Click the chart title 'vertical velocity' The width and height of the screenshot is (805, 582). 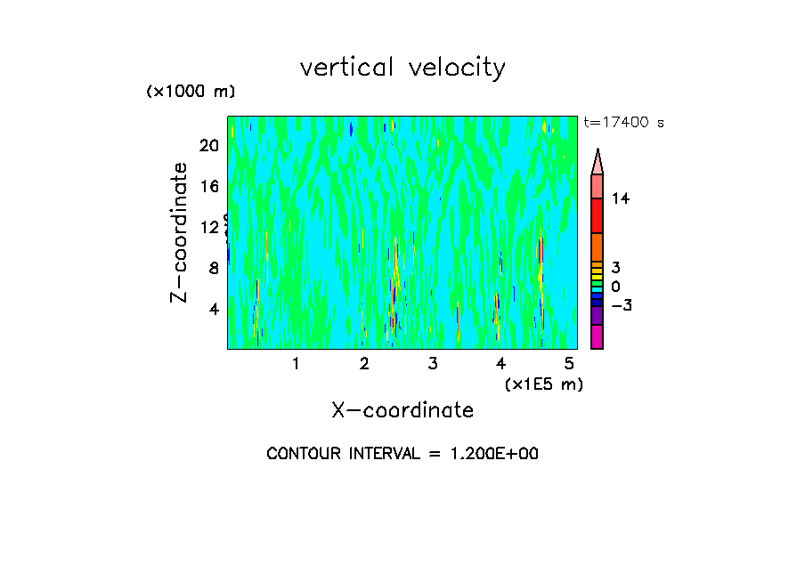coord(402,68)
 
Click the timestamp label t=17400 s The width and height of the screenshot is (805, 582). coord(623,123)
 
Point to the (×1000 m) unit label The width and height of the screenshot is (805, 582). coord(191,92)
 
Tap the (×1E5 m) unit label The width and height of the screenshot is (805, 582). coord(544,384)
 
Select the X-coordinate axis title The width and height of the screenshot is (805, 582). coord(402,410)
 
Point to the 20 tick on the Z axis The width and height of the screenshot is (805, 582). coord(208,146)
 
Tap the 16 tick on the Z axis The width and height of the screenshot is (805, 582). coord(208,187)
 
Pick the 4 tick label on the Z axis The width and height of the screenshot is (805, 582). coord(214,310)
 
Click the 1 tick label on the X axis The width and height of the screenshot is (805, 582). coord(296,363)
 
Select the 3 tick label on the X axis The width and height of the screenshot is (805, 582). coord(433,363)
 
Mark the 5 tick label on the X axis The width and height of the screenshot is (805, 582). coord(570,363)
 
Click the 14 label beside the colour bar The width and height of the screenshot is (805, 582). coord(621,198)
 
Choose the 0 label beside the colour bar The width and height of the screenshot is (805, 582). coord(616,286)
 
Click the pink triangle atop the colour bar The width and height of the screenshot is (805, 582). coord(598,162)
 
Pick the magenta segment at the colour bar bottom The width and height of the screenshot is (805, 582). coord(598,336)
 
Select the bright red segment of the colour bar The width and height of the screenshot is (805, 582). coord(598,215)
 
